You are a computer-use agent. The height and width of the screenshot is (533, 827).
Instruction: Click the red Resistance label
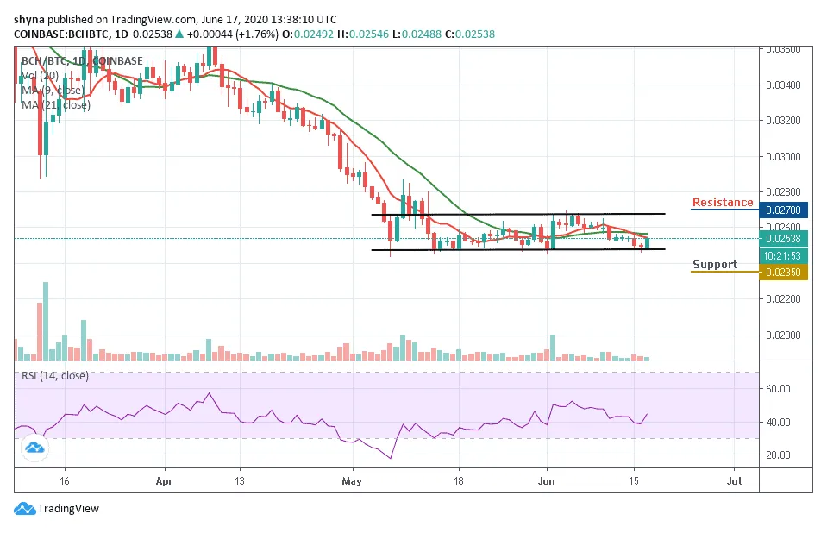click(x=723, y=203)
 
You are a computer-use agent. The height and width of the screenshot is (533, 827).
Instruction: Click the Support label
click(x=714, y=265)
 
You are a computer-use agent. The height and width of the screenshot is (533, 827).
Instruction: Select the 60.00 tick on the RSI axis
click(x=780, y=389)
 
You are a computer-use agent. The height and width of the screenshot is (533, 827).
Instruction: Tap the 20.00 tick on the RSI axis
click(x=780, y=455)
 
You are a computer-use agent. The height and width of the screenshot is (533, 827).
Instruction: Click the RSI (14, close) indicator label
click(x=55, y=375)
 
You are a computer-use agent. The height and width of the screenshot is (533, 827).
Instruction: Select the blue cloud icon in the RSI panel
click(x=34, y=448)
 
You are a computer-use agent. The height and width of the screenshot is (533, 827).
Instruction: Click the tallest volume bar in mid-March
click(x=46, y=320)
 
